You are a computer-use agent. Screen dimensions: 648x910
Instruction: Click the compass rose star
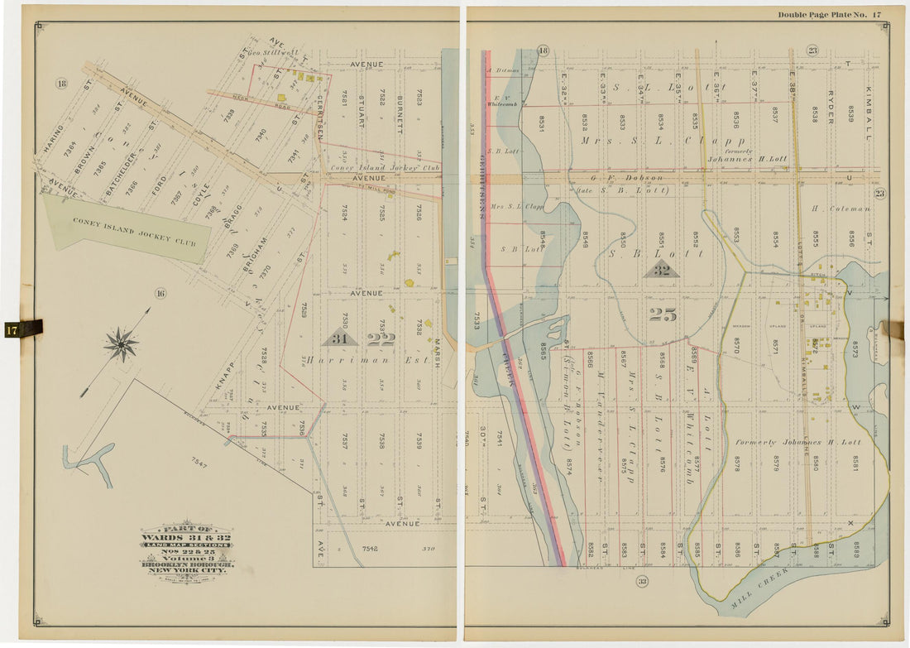(x=122, y=343)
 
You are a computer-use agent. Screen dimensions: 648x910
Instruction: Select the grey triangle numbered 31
(x=340, y=338)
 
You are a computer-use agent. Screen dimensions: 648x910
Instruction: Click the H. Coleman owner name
(x=841, y=209)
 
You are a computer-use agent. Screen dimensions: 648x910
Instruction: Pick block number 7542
(x=369, y=549)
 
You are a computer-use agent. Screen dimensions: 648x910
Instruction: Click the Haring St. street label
(x=53, y=139)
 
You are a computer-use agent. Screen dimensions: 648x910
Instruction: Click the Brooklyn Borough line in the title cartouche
(x=188, y=564)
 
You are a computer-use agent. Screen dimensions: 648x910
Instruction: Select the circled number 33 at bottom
(x=641, y=583)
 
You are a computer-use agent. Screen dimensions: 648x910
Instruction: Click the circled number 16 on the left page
(x=160, y=292)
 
